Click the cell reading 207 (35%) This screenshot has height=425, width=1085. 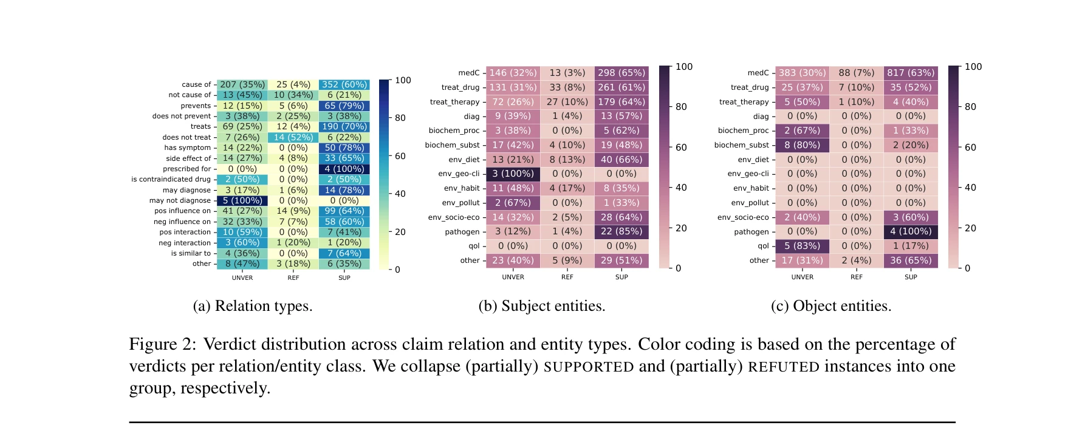(x=242, y=84)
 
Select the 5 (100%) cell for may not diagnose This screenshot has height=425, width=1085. (x=242, y=200)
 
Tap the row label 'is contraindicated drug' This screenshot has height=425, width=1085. (x=171, y=179)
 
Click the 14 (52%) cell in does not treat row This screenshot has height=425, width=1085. (x=293, y=137)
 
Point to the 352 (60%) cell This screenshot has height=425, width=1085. (x=344, y=84)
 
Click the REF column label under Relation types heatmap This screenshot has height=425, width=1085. (x=293, y=278)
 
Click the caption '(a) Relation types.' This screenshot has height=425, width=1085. (x=253, y=306)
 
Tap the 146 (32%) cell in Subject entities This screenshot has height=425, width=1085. (x=513, y=73)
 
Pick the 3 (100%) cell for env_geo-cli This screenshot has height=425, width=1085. (x=513, y=174)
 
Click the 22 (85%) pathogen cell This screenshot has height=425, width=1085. (x=621, y=231)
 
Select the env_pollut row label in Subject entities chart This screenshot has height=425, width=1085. (x=460, y=203)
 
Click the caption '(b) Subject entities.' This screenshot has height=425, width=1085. (x=542, y=306)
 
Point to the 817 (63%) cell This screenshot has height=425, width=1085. (x=911, y=73)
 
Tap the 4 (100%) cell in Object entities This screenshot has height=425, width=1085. (x=911, y=231)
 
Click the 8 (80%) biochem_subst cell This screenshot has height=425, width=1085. (x=802, y=145)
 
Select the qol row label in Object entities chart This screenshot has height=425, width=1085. (x=763, y=246)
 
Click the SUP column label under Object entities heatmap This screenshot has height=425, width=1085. (x=911, y=277)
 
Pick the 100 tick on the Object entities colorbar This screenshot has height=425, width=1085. (x=973, y=67)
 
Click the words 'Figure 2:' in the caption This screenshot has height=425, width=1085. (x=162, y=344)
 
